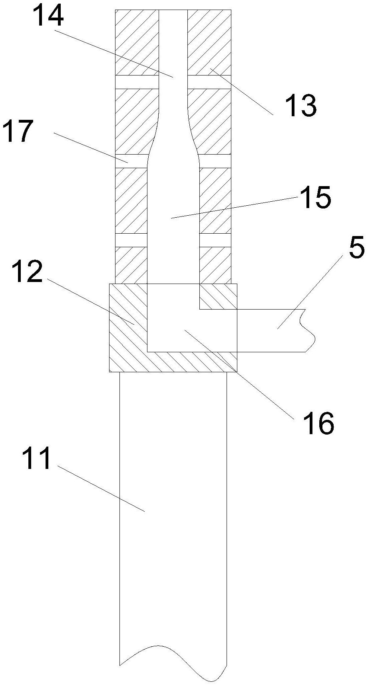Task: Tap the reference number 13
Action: [x=300, y=107]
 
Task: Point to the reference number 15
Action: [x=316, y=198]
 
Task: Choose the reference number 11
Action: [x=37, y=459]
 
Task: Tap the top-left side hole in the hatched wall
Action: [x=137, y=82]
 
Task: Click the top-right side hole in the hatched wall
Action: [x=209, y=82]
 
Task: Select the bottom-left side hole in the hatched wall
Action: [x=131, y=240]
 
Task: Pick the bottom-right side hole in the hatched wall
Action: [x=215, y=240]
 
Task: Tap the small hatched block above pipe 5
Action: [x=218, y=296]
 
